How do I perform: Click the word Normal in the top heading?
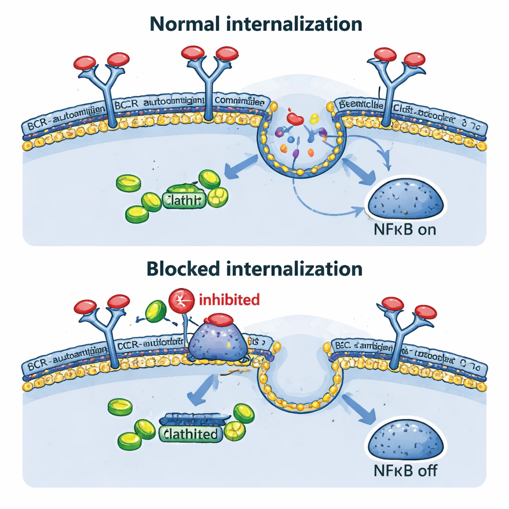(x=184, y=24)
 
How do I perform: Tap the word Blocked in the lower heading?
(x=182, y=268)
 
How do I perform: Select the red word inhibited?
(x=229, y=300)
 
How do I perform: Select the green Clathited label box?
(x=189, y=433)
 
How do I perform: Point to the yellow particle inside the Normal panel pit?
(x=314, y=118)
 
